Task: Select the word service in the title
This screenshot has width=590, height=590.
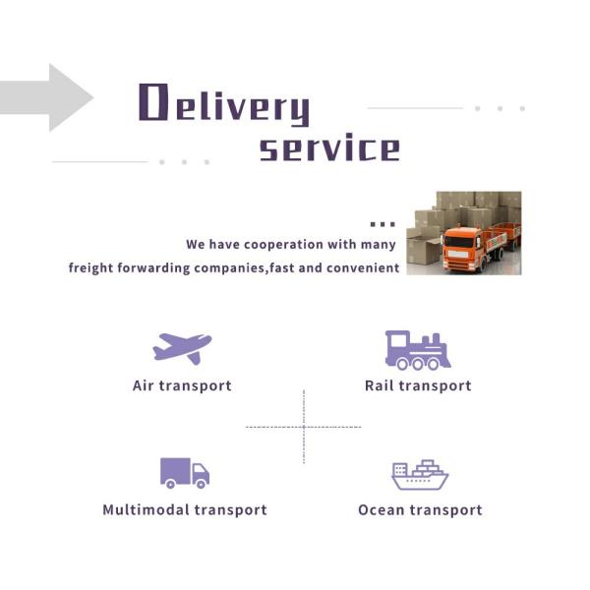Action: (329, 148)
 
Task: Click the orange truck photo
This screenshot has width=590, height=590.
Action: (463, 233)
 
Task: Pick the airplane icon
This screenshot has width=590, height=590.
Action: (182, 347)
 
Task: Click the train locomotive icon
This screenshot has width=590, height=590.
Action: (417, 349)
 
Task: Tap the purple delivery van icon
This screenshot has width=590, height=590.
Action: (185, 473)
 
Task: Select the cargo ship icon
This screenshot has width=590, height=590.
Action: (420, 475)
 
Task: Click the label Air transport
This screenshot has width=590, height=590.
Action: (182, 385)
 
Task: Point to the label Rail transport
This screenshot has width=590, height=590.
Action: (418, 385)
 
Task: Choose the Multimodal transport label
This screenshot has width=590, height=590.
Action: (185, 510)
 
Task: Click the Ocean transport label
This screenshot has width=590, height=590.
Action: (420, 510)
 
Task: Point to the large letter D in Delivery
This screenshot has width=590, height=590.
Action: (151, 102)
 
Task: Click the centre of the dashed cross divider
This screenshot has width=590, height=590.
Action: (303, 427)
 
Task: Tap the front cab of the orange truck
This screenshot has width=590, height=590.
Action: (457, 250)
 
